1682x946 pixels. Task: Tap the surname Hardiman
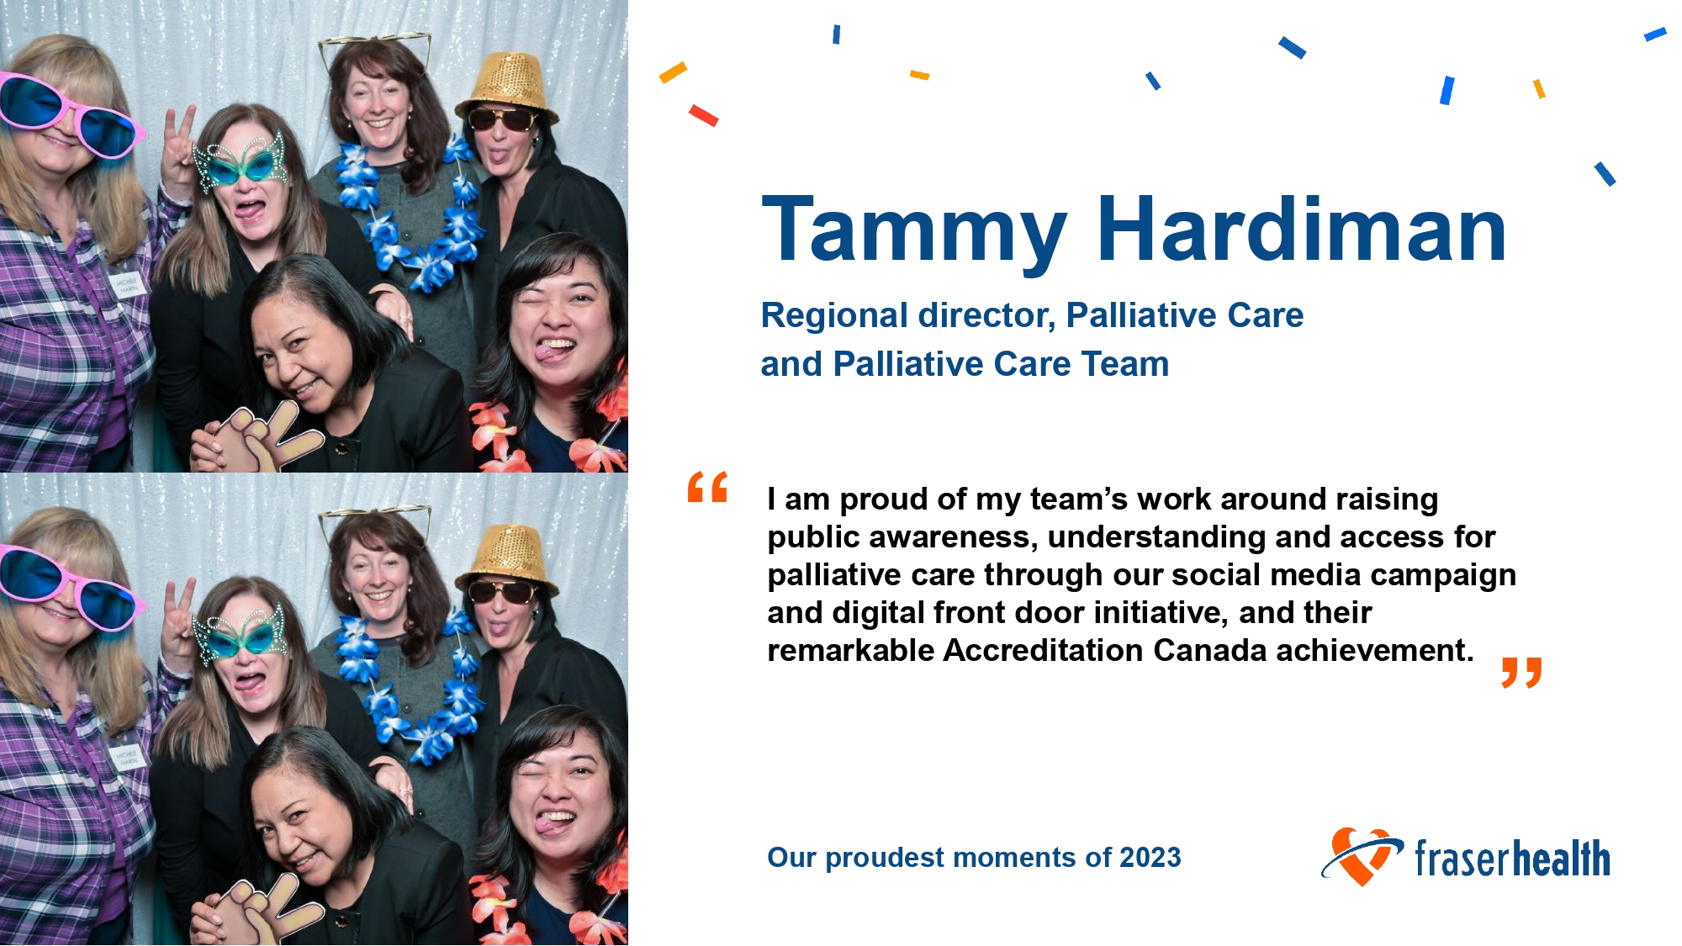click(x=1302, y=229)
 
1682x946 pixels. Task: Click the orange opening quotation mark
click(x=707, y=487)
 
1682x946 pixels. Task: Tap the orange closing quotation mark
click(x=1521, y=673)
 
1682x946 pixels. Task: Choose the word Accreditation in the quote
click(x=1043, y=651)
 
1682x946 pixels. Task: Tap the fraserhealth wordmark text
click(x=1512, y=859)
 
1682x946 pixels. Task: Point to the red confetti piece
click(x=703, y=115)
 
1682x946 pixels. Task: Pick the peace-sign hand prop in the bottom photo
click(x=262, y=910)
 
